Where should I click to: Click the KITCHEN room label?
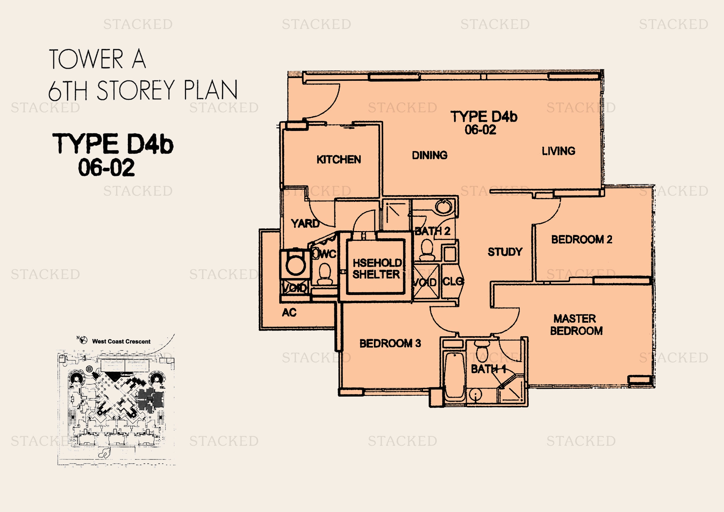click(339, 159)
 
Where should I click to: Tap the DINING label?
click(430, 155)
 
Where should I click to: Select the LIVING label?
click(558, 151)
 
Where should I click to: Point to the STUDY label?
click(505, 252)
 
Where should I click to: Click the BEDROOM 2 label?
click(582, 240)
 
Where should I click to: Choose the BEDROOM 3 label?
click(390, 343)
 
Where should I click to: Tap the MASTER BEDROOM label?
click(576, 325)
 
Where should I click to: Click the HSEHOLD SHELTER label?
click(377, 269)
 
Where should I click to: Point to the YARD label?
click(305, 223)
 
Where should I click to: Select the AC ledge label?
click(289, 312)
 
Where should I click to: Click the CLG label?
click(453, 281)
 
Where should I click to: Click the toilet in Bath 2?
click(427, 249)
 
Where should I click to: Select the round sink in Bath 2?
click(443, 206)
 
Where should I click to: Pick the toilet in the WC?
click(324, 274)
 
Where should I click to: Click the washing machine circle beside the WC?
click(296, 264)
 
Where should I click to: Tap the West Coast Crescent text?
click(121, 341)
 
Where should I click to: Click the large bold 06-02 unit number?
click(106, 167)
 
